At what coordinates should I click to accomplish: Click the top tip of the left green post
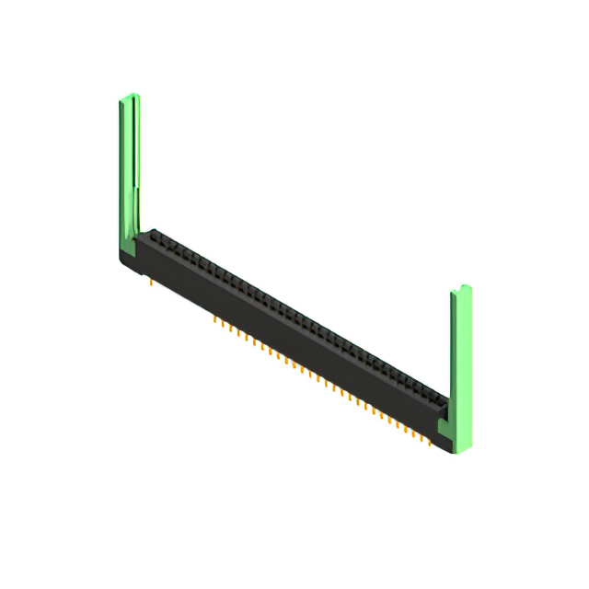(129, 97)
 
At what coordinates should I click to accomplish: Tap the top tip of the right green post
(461, 291)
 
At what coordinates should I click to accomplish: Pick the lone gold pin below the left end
(151, 285)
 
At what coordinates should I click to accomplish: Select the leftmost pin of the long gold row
(214, 321)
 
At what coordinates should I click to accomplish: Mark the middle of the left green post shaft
(130, 166)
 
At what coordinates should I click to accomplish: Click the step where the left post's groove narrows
(137, 189)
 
